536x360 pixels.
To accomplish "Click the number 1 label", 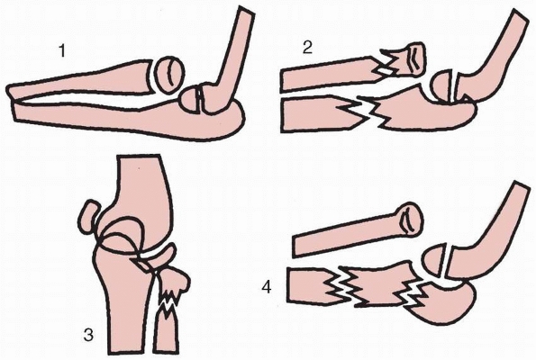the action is (x=62, y=51).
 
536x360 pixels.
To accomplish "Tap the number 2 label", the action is (x=308, y=48).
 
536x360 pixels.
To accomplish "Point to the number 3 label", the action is (x=88, y=335).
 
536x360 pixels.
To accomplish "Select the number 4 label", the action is (x=267, y=288).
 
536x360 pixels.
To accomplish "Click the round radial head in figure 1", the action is (x=170, y=75).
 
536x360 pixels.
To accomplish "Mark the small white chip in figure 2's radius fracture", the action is (x=384, y=72).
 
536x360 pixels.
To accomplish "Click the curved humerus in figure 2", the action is (x=492, y=61).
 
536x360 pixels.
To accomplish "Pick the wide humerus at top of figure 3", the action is (x=143, y=202).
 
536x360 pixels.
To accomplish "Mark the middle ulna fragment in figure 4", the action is (x=379, y=283).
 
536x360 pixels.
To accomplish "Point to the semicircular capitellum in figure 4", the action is (x=435, y=259).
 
